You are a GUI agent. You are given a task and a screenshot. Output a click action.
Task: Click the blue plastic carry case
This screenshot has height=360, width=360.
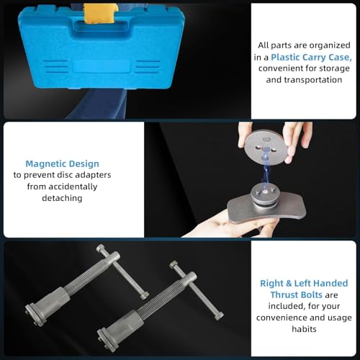[x=94, y=54]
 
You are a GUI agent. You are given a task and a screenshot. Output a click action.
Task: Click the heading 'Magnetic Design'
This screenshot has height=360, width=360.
[x=62, y=163]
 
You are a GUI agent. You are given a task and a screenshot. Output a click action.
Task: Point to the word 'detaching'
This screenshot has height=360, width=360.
[x=62, y=198]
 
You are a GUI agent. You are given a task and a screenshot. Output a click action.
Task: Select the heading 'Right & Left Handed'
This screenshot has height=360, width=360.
[x=303, y=283]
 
